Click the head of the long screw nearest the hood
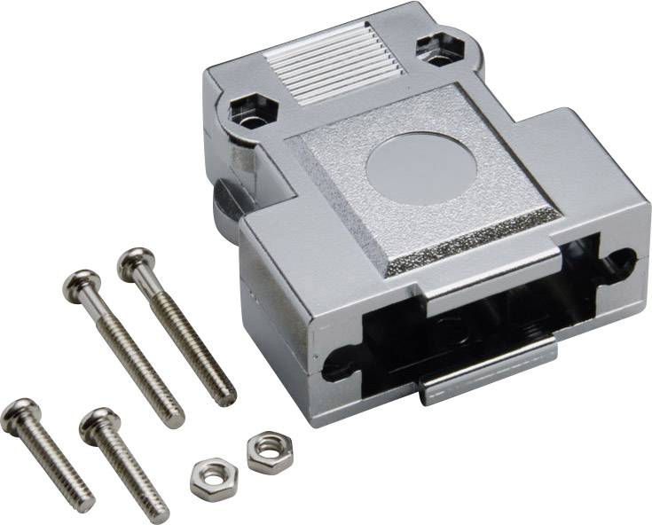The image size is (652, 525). (x=136, y=262)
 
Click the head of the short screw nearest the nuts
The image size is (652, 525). (x=98, y=424)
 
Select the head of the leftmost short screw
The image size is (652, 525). (x=19, y=415)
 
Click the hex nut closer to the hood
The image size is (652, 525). (x=263, y=451)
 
